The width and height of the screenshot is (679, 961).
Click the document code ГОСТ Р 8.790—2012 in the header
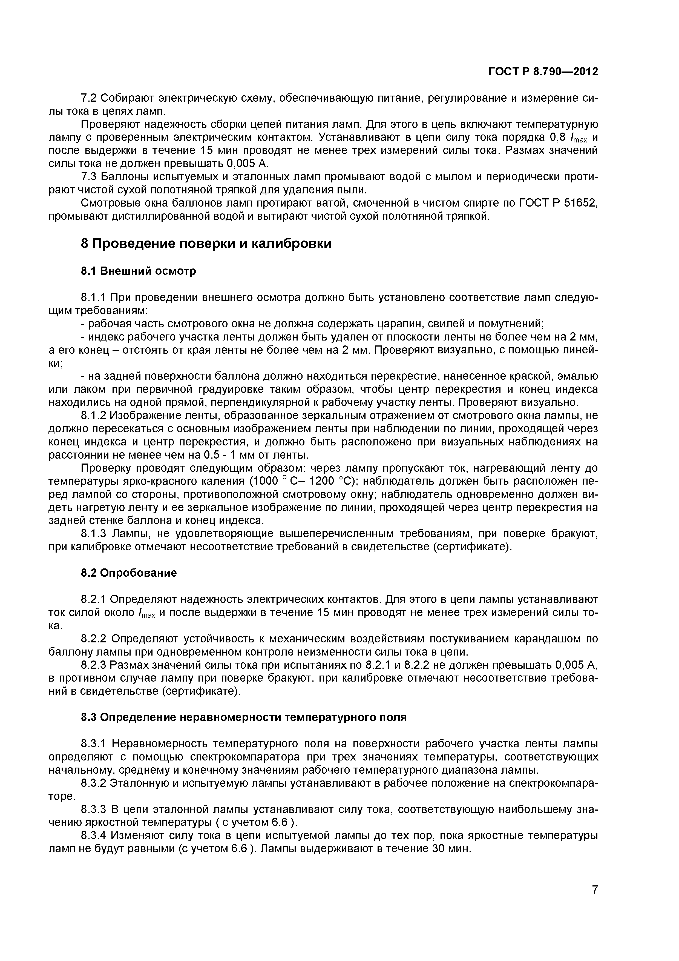point(543,72)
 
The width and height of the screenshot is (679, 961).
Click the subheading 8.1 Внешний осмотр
point(138,271)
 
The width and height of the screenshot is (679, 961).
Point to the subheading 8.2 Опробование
point(129,573)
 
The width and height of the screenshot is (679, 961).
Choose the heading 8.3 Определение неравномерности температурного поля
point(243,717)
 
